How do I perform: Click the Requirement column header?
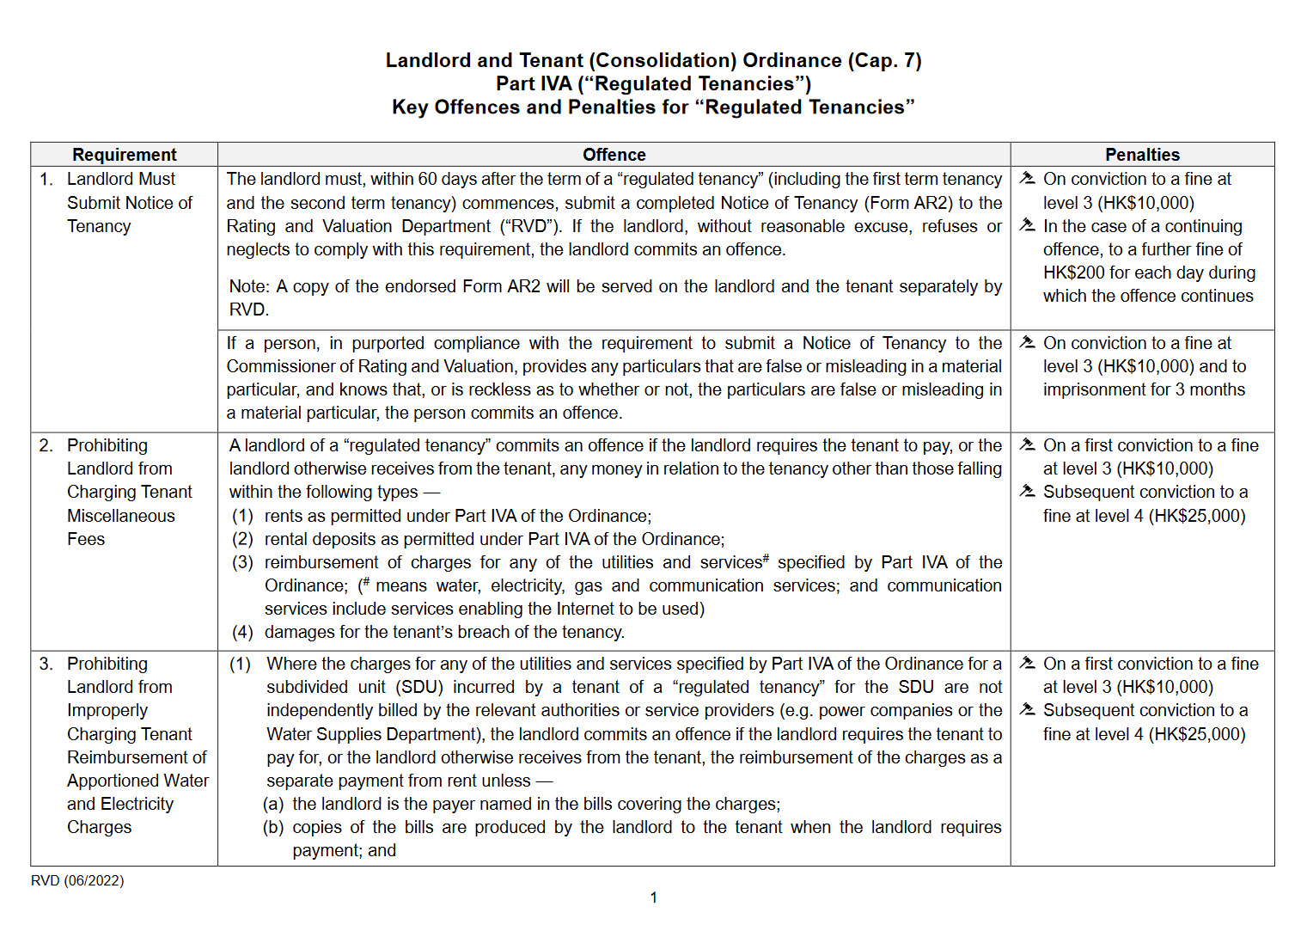(124, 155)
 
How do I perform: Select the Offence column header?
(614, 155)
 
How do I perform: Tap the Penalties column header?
(1142, 155)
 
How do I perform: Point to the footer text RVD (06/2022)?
(77, 880)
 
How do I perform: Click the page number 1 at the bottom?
(653, 897)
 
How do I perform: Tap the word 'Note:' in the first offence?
(249, 286)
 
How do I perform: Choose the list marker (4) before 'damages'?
(242, 632)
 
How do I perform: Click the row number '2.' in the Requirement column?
(46, 445)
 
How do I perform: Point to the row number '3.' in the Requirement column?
(46, 664)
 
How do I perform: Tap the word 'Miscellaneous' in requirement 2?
(121, 516)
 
